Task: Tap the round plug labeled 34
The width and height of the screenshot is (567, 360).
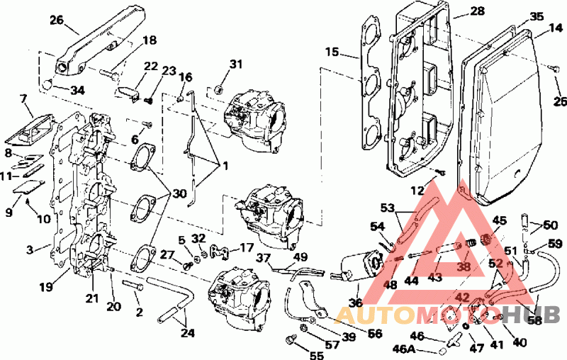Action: [x=47, y=84]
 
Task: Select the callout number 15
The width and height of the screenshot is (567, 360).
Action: [x=332, y=52]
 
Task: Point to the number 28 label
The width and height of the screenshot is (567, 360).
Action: [x=477, y=11]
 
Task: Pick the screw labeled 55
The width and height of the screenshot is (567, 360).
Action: [x=291, y=339]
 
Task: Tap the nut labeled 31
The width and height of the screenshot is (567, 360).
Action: [x=218, y=89]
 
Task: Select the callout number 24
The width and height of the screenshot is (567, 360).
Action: [x=187, y=332]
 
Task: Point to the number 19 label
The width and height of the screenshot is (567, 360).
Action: [x=46, y=287]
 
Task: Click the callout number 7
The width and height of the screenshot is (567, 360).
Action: [x=24, y=99]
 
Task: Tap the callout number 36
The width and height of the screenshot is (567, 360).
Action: [x=356, y=302]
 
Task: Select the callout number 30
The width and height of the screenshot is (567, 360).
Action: [x=179, y=193]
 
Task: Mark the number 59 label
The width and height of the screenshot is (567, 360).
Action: [x=555, y=243]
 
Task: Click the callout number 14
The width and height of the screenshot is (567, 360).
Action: [x=556, y=28]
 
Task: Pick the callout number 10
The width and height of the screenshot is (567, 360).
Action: [x=44, y=219]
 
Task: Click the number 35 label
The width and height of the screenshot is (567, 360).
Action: [x=537, y=16]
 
